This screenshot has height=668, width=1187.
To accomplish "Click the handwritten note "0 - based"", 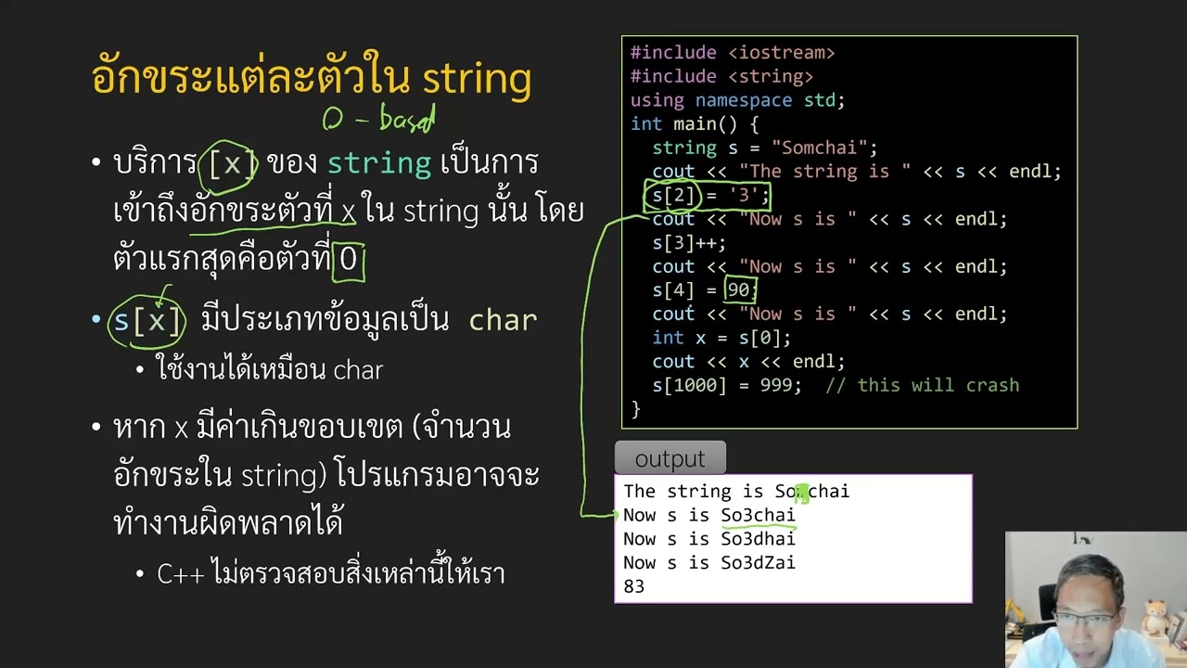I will tap(378, 119).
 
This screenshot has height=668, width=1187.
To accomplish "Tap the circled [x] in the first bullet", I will tap(230, 164).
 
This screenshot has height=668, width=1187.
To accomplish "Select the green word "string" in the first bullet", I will tap(379, 164).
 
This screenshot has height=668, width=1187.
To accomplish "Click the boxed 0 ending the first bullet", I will tap(349, 259).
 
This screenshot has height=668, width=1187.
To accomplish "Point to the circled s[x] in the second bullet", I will tap(148, 321).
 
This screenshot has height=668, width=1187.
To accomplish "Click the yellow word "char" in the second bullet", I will tap(503, 321).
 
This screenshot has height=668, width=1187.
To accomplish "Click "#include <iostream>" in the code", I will tap(733, 53).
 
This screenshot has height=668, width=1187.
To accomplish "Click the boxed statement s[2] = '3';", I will tap(707, 196).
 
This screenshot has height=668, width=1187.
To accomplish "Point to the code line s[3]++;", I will tap(689, 243).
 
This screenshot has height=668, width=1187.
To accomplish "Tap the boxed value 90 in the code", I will tap(740, 290).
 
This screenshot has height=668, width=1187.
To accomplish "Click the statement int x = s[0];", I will tap(721, 338).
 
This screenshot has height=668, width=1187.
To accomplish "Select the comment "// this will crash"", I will tap(922, 385).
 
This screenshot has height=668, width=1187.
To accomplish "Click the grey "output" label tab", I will tap(670, 459).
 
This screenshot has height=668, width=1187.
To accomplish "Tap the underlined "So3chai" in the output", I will tap(758, 516).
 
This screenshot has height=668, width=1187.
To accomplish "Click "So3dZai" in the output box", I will tap(758, 563).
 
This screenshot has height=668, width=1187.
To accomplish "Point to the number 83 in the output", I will tap(633, 586).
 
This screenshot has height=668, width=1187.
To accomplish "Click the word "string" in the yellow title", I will tap(477, 79).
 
